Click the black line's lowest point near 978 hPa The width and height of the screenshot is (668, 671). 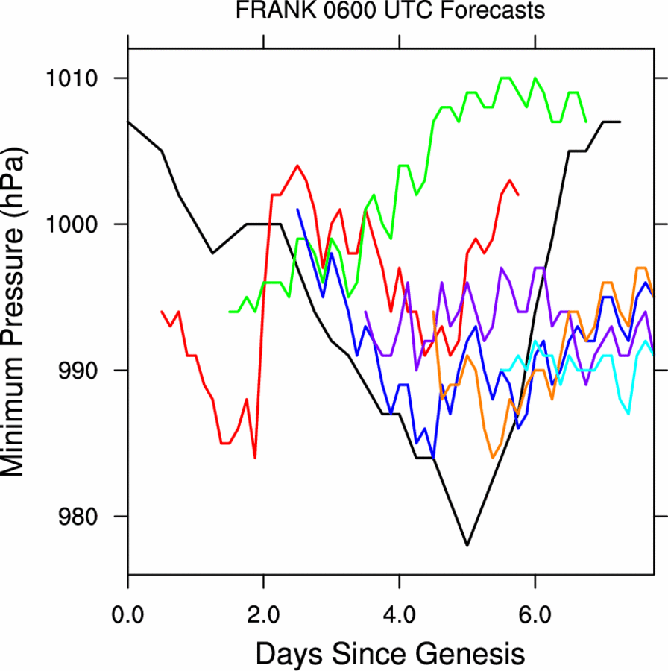coord(467,546)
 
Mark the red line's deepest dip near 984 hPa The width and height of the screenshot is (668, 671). coord(255,458)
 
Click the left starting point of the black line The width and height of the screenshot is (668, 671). coord(128,122)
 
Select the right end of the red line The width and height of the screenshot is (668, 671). coord(518,195)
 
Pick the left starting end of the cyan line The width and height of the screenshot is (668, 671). coord(501,370)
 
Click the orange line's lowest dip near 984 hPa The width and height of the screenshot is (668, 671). coord(493,458)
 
